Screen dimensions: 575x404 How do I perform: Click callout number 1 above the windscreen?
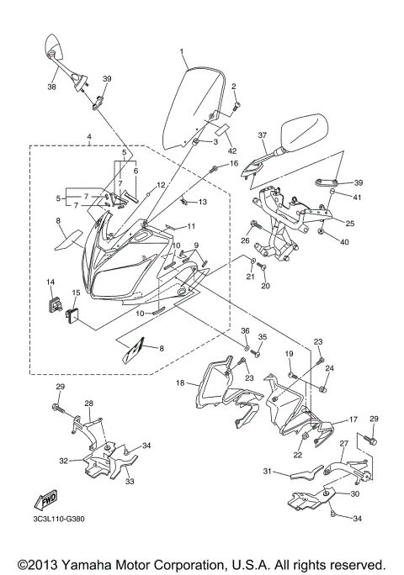[x=181, y=52]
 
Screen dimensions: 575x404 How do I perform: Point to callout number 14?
[x=50, y=282]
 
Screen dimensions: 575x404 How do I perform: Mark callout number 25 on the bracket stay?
[x=349, y=224]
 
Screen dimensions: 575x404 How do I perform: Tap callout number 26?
[x=244, y=241]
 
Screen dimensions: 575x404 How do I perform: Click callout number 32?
[x=64, y=461]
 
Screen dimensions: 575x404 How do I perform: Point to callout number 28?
[x=88, y=404]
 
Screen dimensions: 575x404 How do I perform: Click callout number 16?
[x=235, y=163]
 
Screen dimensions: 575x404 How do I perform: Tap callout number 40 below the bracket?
[x=345, y=242]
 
